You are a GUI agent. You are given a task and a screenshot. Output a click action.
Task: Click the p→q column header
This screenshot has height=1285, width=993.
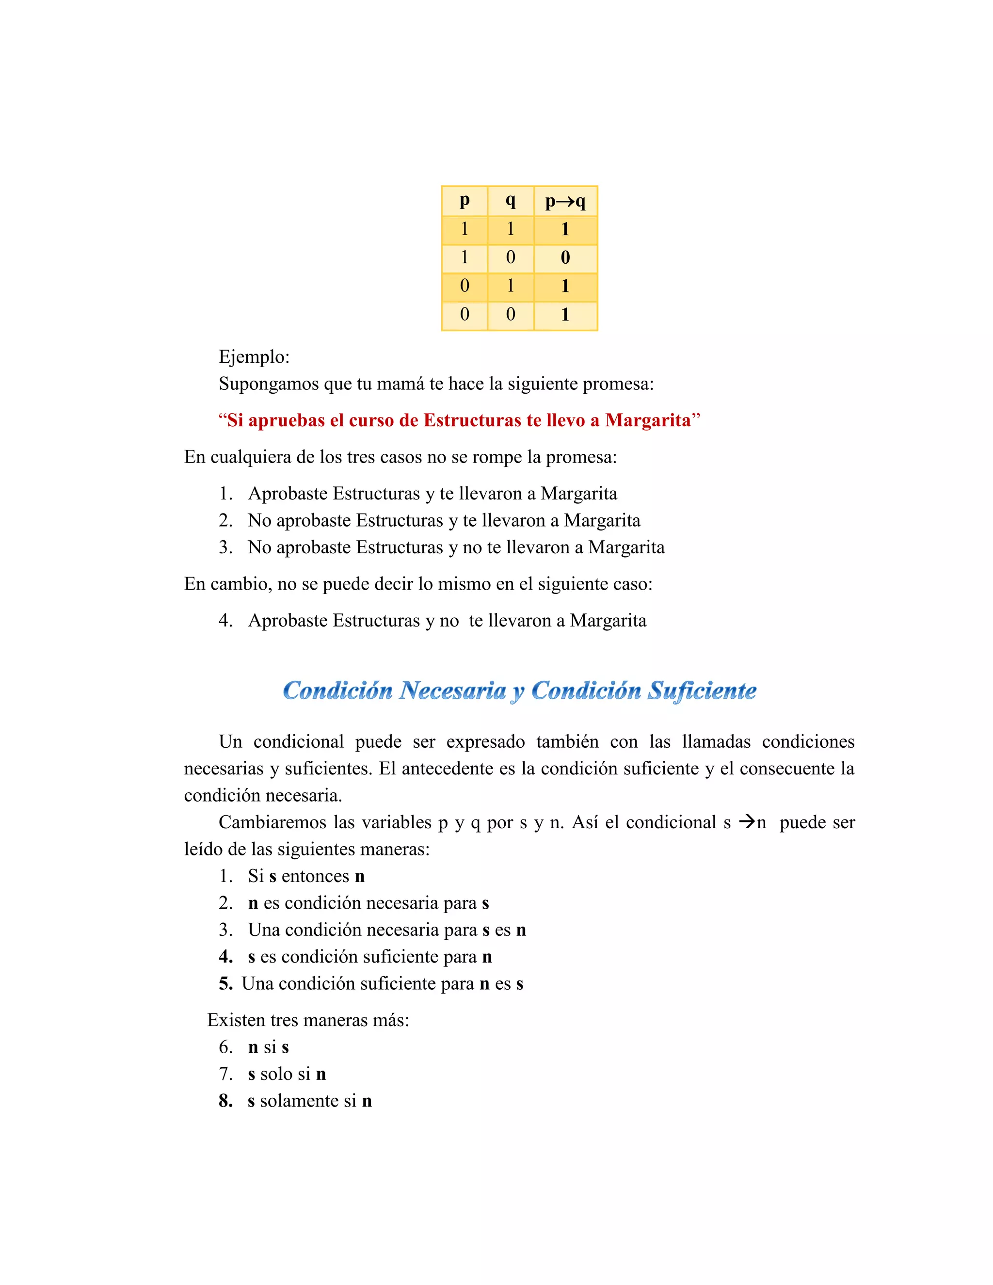(x=565, y=202)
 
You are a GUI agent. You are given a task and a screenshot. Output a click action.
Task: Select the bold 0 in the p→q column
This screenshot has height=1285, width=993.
(x=565, y=257)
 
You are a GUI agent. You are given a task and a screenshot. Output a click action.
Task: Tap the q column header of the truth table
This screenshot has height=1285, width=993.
(x=511, y=202)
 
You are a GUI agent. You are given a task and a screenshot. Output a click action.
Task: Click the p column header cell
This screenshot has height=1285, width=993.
(x=464, y=202)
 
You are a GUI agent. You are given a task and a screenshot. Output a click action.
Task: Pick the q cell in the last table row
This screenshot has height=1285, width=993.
(x=511, y=314)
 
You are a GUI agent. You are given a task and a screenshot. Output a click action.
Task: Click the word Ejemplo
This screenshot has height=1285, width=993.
(x=254, y=356)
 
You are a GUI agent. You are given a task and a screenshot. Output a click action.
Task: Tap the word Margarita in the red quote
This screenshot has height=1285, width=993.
(x=648, y=420)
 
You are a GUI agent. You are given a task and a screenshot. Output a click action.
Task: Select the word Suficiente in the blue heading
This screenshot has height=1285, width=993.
(x=701, y=691)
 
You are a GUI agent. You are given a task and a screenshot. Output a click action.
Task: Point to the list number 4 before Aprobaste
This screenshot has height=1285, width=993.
(x=225, y=620)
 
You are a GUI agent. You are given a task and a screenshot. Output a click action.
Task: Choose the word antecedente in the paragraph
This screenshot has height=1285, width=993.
(x=448, y=769)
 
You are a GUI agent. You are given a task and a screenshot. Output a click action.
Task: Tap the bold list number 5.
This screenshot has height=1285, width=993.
(x=225, y=984)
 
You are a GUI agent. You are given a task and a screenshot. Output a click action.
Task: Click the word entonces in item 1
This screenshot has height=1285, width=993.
(x=315, y=876)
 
